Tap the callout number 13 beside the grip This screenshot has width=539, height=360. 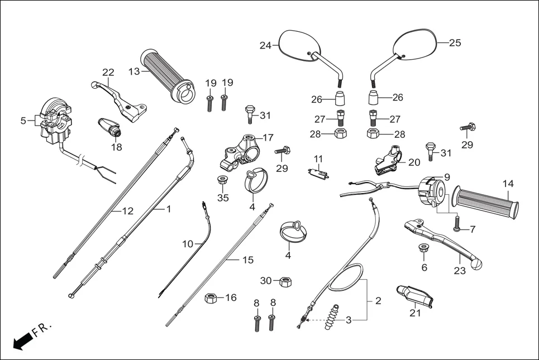[134, 71]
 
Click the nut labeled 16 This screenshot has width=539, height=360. [212, 298]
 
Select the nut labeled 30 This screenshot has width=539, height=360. [283, 281]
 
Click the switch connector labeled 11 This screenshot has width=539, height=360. [318, 172]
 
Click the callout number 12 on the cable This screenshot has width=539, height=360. [128, 211]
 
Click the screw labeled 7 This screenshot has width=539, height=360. [457, 225]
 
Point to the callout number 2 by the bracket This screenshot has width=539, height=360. [378, 301]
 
